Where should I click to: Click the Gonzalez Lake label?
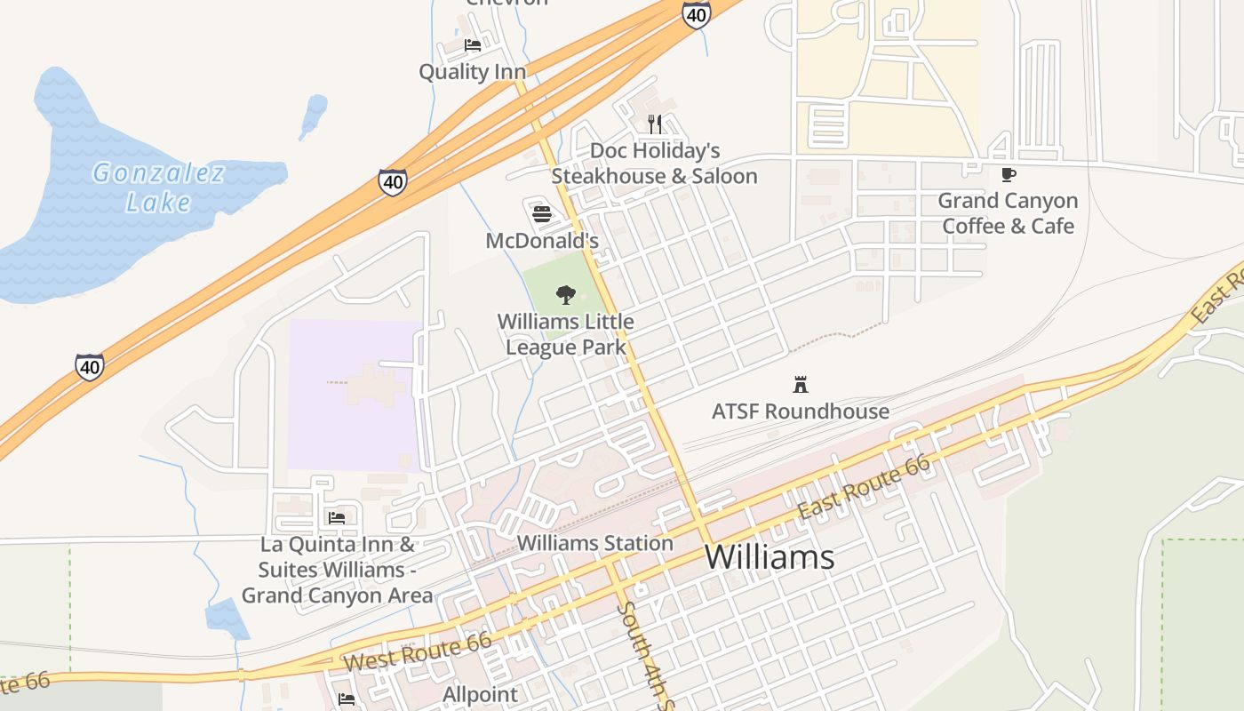[x=158, y=187]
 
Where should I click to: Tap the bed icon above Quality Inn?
[x=473, y=44]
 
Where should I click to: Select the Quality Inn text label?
[x=472, y=72]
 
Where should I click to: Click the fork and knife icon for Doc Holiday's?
[x=654, y=124]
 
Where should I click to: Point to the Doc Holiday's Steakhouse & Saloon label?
[x=654, y=164]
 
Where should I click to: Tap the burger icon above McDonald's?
[x=542, y=213]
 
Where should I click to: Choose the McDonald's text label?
[x=542, y=241]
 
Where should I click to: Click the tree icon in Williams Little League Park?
[x=565, y=295]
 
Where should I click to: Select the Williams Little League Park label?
[x=566, y=334]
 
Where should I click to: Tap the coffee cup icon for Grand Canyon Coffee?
[x=1008, y=174]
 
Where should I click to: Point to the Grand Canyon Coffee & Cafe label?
[x=1008, y=213]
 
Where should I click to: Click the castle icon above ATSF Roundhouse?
[x=800, y=385]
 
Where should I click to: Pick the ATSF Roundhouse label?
[x=800, y=411]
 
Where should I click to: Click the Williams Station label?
[x=594, y=543]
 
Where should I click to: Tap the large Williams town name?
[x=770, y=557]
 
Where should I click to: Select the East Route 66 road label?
[x=864, y=487]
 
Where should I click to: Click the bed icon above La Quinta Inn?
[x=336, y=517]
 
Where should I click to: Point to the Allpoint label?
[x=480, y=694]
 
